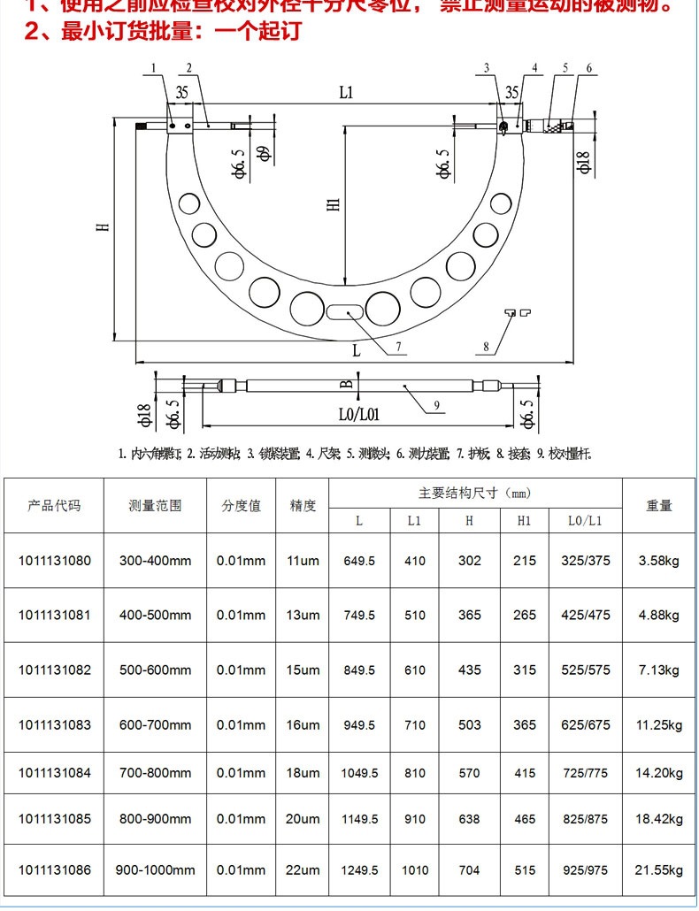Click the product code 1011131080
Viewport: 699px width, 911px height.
tap(54, 561)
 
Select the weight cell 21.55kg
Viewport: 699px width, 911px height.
tap(659, 869)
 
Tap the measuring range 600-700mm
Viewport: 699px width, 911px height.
tap(154, 725)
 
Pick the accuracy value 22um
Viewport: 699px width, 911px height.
tap(303, 869)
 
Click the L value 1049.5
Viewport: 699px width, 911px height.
tap(359, 772)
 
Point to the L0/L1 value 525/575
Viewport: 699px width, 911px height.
tap(585, 670)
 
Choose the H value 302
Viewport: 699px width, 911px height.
tap(469, 561)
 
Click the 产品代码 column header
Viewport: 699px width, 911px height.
tap(54, 506)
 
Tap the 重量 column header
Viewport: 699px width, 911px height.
tap(659, 506)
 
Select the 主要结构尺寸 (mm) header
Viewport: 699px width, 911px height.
tap(475, 493)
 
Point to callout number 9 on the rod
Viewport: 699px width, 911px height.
tap(436, 406)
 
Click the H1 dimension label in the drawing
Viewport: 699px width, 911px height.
tap(333, 204)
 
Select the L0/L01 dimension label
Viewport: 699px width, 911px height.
tap(358, 413)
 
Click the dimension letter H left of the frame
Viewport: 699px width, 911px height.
tap(103, 226)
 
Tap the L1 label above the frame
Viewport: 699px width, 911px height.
tap(346, 91)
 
